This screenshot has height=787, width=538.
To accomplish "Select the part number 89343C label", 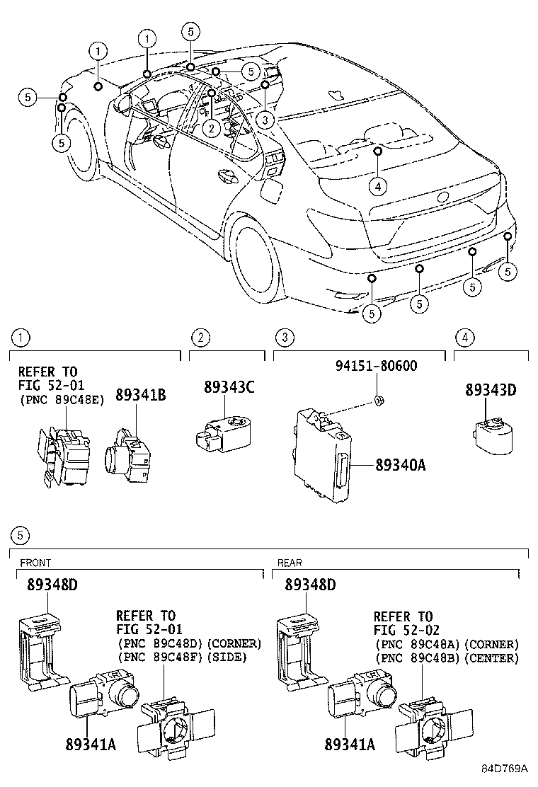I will pos(229,387).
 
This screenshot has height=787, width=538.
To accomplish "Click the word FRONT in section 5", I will pos(35,563).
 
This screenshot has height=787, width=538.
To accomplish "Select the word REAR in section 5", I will pos(290,563).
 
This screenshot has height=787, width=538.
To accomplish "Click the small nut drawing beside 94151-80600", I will pos(379,402).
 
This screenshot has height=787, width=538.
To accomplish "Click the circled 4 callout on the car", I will pos(378,186).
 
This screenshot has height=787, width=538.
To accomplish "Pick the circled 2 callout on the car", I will pos(211,127).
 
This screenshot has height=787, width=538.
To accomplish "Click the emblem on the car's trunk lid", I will pos(444,196).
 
